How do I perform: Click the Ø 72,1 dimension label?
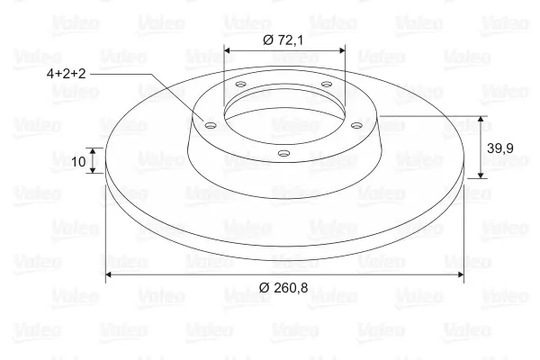283,40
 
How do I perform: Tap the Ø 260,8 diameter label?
283,287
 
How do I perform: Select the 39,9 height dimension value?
500,148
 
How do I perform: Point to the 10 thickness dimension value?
78,161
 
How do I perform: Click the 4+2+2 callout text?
66,74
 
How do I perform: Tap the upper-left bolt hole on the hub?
240,84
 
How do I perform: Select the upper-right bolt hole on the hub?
326,84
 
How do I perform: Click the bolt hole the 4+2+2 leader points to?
210,125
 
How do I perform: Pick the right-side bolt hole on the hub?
356,125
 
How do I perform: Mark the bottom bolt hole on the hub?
283,153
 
